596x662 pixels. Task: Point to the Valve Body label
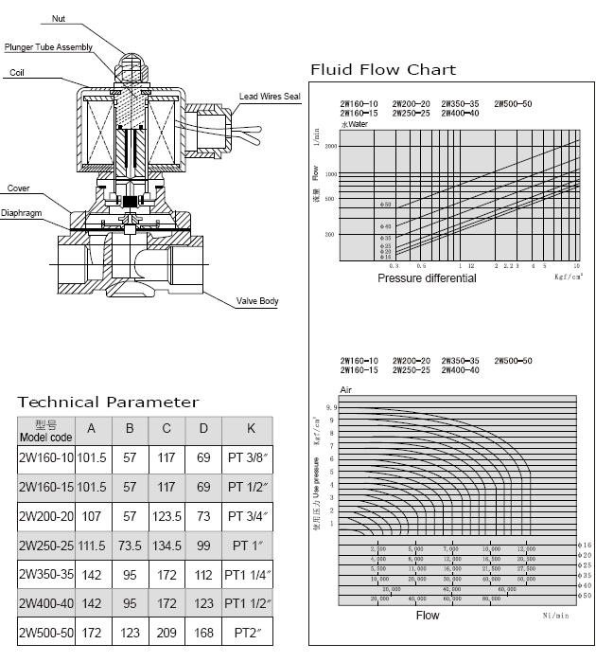[256, 301]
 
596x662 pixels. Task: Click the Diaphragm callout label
[23, 214]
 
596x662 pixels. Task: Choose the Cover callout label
[19, 188]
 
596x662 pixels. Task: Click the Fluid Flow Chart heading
[383, 70]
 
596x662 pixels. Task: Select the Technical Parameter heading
[109, 402]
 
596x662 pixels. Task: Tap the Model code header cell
[45, 431]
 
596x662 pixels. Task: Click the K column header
[251, 429]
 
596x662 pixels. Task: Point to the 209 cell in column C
[167, 634]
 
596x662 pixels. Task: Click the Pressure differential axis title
[427, 278]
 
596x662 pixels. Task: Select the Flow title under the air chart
[429, 616]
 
